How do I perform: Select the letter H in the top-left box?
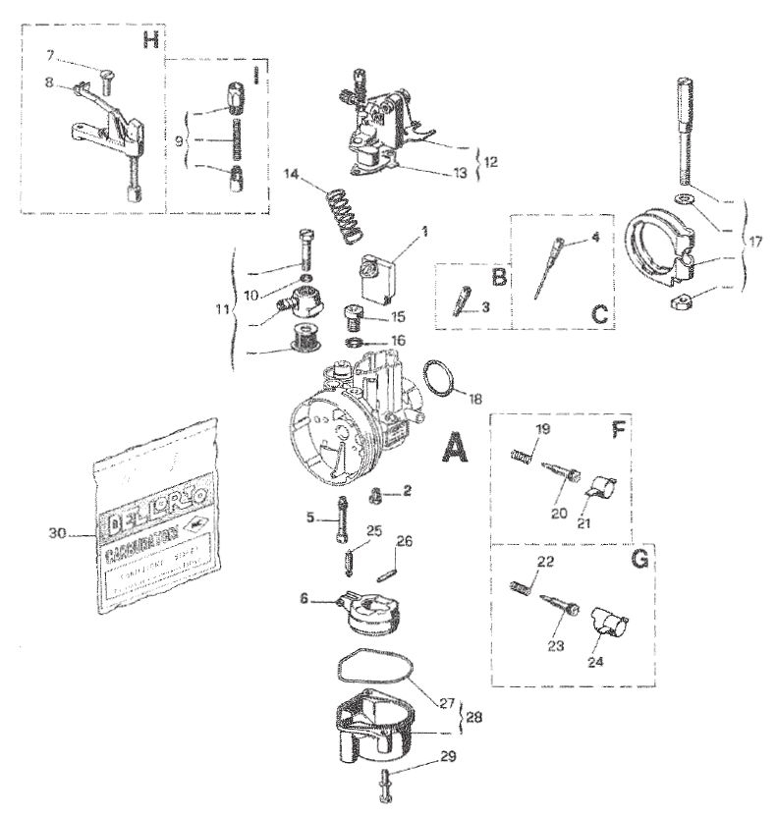click(149, 40)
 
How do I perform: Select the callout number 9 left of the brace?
click(180, 140)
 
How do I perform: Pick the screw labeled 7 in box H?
click(103, 80)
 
